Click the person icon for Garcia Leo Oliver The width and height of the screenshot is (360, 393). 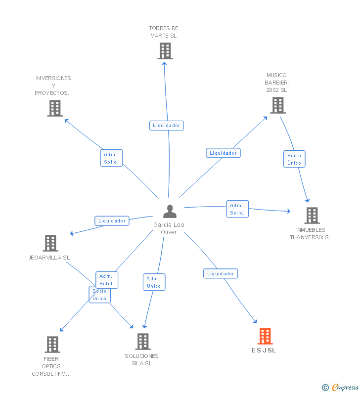pyautogui.click(x=170, y=212)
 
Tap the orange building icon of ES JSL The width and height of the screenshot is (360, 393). pyautogui.click(x=265, y=336)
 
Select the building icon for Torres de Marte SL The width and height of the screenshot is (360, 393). pyautogui.click(x=165, y=51)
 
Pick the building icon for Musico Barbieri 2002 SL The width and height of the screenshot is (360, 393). pyautogui.click(x=277, y=105)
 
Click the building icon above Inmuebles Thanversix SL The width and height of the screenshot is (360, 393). pyautogui.click(x=312, y=216)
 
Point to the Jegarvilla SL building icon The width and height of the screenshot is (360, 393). pyautogui.click(x=50, y=243)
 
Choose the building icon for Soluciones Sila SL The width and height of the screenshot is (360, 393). pyautogui.click(x=143, y=341)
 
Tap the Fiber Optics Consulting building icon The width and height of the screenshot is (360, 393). pyautogui.click(x=52, y=345)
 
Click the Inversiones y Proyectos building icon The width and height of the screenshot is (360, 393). pyautogui.click(x=55, y=108)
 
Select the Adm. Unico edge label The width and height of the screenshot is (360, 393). pyautogui.click(x=154, y=282)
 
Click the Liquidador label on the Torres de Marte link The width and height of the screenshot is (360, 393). pyautogui.click(x=167, y=126)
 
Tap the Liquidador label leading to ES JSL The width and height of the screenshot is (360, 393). pyautogui.click(x=221, y=274)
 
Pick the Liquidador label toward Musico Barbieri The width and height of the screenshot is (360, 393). pyautogui.click(x=223, y=153)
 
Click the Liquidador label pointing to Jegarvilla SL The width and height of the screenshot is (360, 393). pyautogui.click(x=112, y=221)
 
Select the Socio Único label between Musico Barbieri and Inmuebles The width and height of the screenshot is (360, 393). pyautogui.click(x=294, y=159)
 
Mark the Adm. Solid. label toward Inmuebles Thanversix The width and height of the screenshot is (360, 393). pyautogui.click(x=237, y=209)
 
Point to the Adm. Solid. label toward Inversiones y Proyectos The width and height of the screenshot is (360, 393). pyautogui.click(x=111, y=159)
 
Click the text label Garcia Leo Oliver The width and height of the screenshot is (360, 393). pyautogui.click(x=169, y=228)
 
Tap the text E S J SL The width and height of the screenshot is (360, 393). pyautogui.click(x=264, y=350)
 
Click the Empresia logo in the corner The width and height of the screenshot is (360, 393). pyautogui.click(x=341, y=388)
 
